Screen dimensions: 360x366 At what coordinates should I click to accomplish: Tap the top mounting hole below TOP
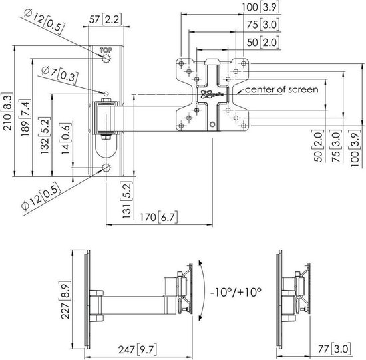106,59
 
